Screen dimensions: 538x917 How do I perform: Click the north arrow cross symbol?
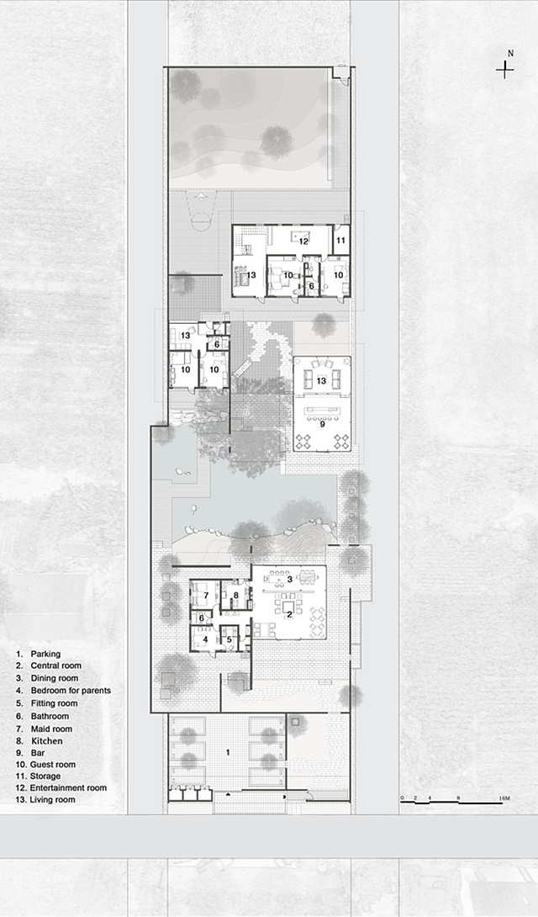[x=504, y=70]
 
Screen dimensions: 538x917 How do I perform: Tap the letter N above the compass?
[x=510, y=53]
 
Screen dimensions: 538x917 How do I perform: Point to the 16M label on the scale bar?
[x=504, y=798]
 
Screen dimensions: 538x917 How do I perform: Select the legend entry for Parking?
[x=39, y=654]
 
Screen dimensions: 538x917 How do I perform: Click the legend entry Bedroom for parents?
[x=63, y=690]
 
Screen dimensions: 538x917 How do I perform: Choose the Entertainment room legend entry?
[x=61, y=787]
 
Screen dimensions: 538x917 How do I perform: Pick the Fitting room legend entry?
[x=47, y=703]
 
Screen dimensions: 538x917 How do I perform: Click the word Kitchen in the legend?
[x=47, y=741]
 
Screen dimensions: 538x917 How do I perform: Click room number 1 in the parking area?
[x=228, y=753]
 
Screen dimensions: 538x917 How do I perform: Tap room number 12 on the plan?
[x=303, y=241]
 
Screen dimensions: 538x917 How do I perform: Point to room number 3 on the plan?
[x=290, y=580]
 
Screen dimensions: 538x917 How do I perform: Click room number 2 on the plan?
[x=288, y=613]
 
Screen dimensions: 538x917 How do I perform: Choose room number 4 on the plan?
[x=205, y=639]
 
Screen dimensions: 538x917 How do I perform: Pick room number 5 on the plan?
[x=229, y=639]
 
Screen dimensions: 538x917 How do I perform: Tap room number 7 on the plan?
[x=206, y=596]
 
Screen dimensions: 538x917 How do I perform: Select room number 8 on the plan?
[x=236, y=596]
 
